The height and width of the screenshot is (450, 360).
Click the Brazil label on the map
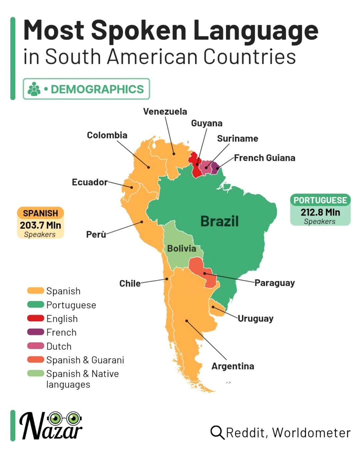219,221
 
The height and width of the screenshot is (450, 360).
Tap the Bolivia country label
181,248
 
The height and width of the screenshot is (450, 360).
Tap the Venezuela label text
165,111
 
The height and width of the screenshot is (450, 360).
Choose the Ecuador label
90,182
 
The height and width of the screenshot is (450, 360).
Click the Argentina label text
233,366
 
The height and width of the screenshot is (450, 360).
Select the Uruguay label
255,318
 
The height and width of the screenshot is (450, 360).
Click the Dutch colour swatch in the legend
36,346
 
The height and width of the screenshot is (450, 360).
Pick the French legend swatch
36,332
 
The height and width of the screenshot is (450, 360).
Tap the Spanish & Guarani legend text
85,360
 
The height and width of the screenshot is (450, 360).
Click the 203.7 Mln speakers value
40,225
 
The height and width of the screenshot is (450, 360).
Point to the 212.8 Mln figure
320,212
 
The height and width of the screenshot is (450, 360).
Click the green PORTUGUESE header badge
320,200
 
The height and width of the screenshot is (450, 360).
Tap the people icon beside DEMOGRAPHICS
34,89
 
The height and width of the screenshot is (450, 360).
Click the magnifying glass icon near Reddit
217,432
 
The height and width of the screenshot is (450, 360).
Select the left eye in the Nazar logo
55,417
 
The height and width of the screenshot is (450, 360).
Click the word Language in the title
256,30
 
